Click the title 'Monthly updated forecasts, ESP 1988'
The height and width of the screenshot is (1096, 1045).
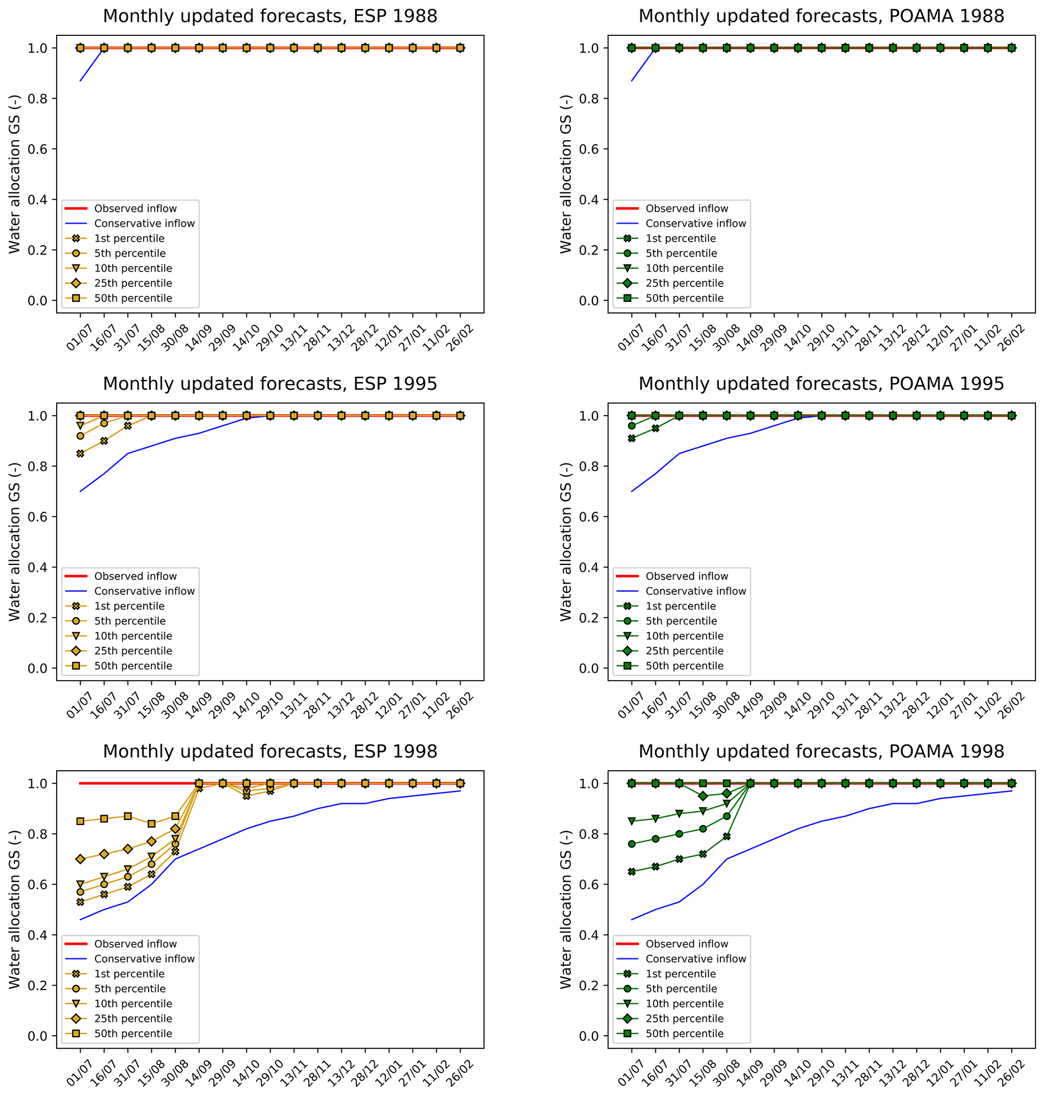(x=269, y=16)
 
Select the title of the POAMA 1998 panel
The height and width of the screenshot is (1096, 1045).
(x=821, y=751)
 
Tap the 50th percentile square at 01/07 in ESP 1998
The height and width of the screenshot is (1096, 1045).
(x=80, y=821)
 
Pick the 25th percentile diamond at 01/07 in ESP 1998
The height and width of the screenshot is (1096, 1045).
(x=80, y=859)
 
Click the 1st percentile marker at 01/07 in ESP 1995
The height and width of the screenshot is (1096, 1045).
(x=80, y=453)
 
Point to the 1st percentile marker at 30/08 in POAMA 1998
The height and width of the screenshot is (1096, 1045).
(x=726, y=837)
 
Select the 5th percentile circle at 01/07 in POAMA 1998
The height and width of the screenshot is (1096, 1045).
(x=631, y=844)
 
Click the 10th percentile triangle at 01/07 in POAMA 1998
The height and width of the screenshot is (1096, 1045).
(x=631, y=821)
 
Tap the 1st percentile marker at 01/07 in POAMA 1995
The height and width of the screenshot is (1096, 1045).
(x=631, y=438)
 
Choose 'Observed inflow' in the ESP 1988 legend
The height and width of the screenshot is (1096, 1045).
(x=135, y=208)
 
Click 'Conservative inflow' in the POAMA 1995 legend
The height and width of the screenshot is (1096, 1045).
(x=695, y=591)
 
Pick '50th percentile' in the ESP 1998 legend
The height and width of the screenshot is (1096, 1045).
(x=133, y=1033)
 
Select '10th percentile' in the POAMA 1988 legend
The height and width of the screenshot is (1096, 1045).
(x=684, y=268)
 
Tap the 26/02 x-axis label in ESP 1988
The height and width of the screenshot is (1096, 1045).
(x=461, y=338)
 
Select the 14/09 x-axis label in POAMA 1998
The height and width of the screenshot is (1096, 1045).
(x=750, y=1073)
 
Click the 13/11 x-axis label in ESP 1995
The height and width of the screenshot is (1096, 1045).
(x=294, y=706)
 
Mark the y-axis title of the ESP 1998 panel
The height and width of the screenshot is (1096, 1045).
(x=15, y=909)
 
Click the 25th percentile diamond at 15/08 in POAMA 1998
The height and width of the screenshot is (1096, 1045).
(x=702, y=796)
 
